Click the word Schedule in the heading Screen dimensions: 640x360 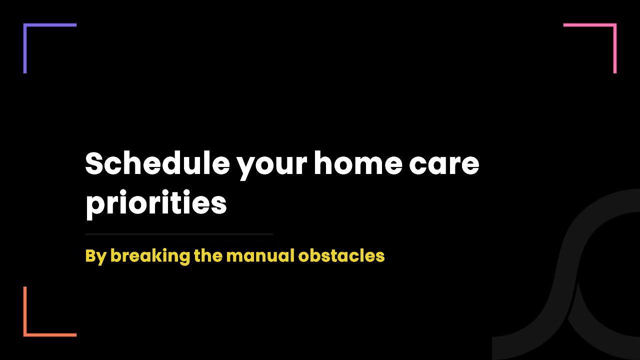point(157,163)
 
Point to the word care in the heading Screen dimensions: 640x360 point(444,165)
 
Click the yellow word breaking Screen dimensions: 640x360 point(150,256)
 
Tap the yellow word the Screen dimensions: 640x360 point(208,255)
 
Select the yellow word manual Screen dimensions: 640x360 point(260,255)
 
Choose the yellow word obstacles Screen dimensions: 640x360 point(341,255)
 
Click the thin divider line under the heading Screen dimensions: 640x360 point(179,234)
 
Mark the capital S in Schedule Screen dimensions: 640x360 point(94,163)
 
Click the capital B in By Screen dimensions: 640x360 point(91,255)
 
